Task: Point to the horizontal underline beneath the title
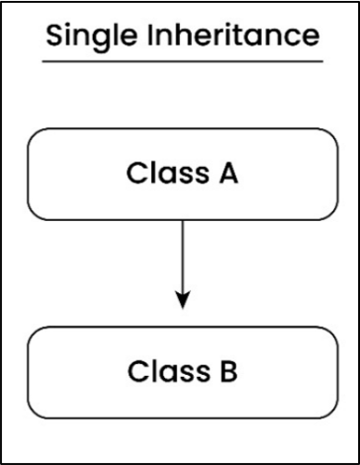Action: coord(183,62)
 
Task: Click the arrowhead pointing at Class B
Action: coord(183,301)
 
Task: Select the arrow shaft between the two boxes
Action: coord(183,255)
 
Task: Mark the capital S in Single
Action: coord(53,36)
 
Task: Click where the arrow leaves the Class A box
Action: coord(183,219)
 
